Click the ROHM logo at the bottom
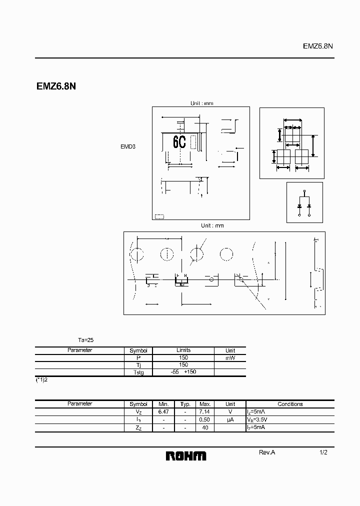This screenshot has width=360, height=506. pyautogui.click(x=185, y=455)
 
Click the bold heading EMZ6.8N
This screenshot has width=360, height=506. pyautogui.click(x=56, y=86)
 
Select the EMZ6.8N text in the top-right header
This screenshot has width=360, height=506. pyautogui.click(x=318, y=45)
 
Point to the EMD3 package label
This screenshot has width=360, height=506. pyautogui.click(x=128, y=147)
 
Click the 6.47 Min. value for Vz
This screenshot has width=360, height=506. pyautogui.click(x=163, y=411)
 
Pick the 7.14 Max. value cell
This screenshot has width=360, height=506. pyautogui.click(x=205, y=411)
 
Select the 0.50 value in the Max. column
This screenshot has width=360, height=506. pyautogui.click(x=205, y=420)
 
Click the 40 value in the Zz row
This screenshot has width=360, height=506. pyautogui.click(x=205, y=428)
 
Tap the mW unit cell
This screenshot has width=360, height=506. pyautogui.click(x=230, y=358)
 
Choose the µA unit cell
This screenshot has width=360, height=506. pyautogui.click(x=230, y=420)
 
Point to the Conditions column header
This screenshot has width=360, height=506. pyautogui.click(x=290, y=404)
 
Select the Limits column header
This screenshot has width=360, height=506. pyautogui.click(x=183, y=350)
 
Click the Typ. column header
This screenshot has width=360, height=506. pyautogui.click(x=185, y=404)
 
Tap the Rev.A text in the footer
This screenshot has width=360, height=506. pyautogui.click(x=267, y=452)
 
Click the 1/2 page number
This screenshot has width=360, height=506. pyautogui.click(x=323, y=452)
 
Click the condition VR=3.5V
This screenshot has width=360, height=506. pyautogui.click(x=261, y=420)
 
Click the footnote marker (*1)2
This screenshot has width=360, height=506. pyautogui.click(x=41, y=380)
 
